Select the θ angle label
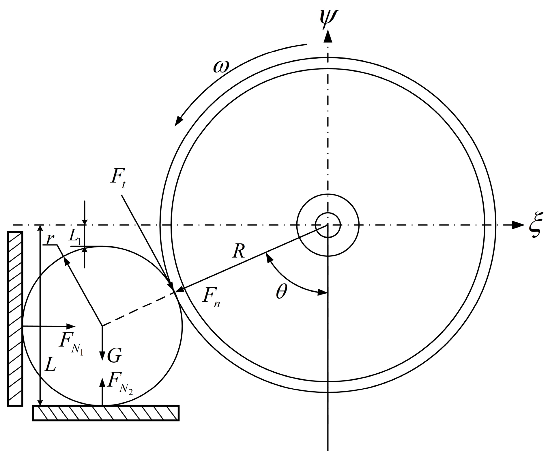[x=281, y=293]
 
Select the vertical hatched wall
[x=15, y=319]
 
